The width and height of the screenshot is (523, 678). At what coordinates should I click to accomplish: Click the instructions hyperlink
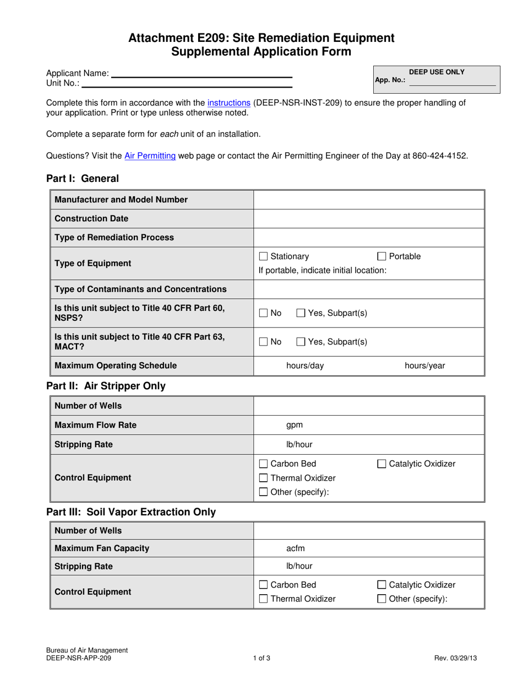(x=229, y=103)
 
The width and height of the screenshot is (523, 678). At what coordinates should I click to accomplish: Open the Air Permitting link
(x=150, y=156)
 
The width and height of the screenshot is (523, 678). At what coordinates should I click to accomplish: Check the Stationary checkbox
(x=264, y=256)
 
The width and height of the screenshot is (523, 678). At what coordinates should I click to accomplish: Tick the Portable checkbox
(x=382, y=256)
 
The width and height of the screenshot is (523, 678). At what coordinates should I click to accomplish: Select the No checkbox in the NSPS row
(x=264, y=313)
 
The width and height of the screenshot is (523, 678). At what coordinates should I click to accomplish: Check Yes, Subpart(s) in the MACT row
(x=301, y=342)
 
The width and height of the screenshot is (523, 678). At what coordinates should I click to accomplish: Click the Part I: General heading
(x=83, y=179)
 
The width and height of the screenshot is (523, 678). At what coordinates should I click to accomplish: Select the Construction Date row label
(x=91, y=218)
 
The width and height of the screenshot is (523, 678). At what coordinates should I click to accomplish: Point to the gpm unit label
(x=295, y=425)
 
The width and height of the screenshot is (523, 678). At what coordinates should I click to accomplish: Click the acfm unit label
(x=296, y=548)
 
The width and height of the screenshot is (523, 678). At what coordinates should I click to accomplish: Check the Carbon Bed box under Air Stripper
(x=264, y=464)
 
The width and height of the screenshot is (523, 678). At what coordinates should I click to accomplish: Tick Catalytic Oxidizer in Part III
(x=382, y=585)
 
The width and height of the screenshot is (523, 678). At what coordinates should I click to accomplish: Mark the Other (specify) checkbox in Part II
(x=264, y=492)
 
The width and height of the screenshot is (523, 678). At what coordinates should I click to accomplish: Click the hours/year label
(x=425, y=365)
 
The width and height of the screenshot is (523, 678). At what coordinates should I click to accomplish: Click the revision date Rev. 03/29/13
(x=455, y=658)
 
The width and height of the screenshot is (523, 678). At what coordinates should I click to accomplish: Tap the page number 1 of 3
(x=261, y=658)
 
